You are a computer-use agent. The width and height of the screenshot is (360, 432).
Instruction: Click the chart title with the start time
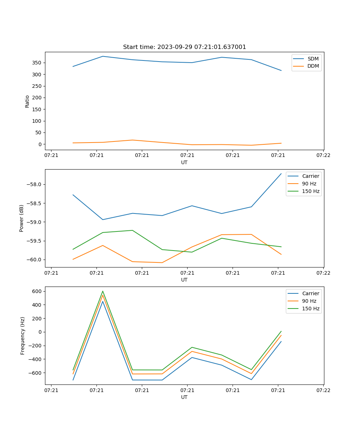[x=184, y=47]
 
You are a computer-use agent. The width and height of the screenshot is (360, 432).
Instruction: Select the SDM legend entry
[x=313, y=59]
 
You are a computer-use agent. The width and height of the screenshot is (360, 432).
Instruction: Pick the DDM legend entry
[x=313, y=66]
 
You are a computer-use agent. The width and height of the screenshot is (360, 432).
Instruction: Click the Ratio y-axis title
[x=27, y=101]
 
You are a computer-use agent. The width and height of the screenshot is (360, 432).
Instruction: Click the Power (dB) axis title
[x=22, y=218]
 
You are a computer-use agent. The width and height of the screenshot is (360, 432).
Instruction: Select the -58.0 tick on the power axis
[x=35, y=185]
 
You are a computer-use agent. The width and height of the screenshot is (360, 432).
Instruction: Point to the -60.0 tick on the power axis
[x=35, y=260]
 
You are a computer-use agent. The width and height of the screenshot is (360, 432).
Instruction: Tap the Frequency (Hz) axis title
[x=23, y=336]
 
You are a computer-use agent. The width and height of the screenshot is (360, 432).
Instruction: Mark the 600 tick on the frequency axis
[x=38, y=291]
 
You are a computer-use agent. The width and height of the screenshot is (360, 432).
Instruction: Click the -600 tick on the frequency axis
[x=37, y=373]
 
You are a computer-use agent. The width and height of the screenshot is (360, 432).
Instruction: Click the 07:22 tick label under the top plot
[x=323, y=156]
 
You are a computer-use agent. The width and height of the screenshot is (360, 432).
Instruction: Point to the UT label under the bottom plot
[x=184, y=397]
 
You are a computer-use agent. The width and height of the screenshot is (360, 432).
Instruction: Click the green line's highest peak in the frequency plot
[x=103, y=291]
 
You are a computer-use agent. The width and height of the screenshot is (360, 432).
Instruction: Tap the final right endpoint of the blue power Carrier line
[x=281, y=174]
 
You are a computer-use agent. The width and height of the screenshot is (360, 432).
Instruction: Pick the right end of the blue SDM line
[x=281, y=71]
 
